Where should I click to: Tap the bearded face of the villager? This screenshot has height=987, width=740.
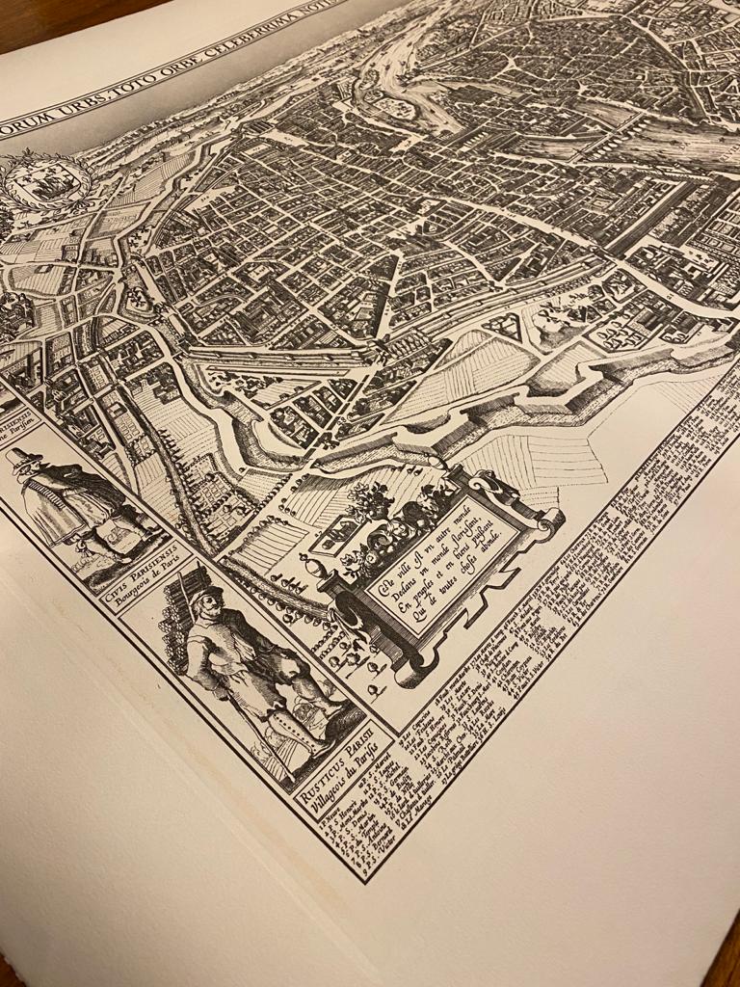click(x=210, y=606)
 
